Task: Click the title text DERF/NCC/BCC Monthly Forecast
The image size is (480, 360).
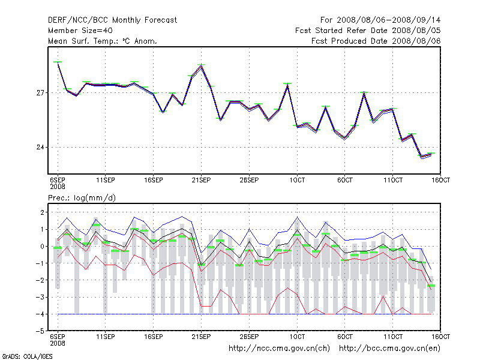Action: click(112, 20)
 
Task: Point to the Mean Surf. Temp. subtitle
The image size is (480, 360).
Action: click(102, 41)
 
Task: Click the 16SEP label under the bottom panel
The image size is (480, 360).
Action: click(153, 337)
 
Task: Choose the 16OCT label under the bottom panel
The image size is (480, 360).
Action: click(440, 337)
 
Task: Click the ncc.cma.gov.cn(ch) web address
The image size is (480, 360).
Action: click(279, 348)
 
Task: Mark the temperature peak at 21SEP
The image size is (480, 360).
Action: click(202, 65)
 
